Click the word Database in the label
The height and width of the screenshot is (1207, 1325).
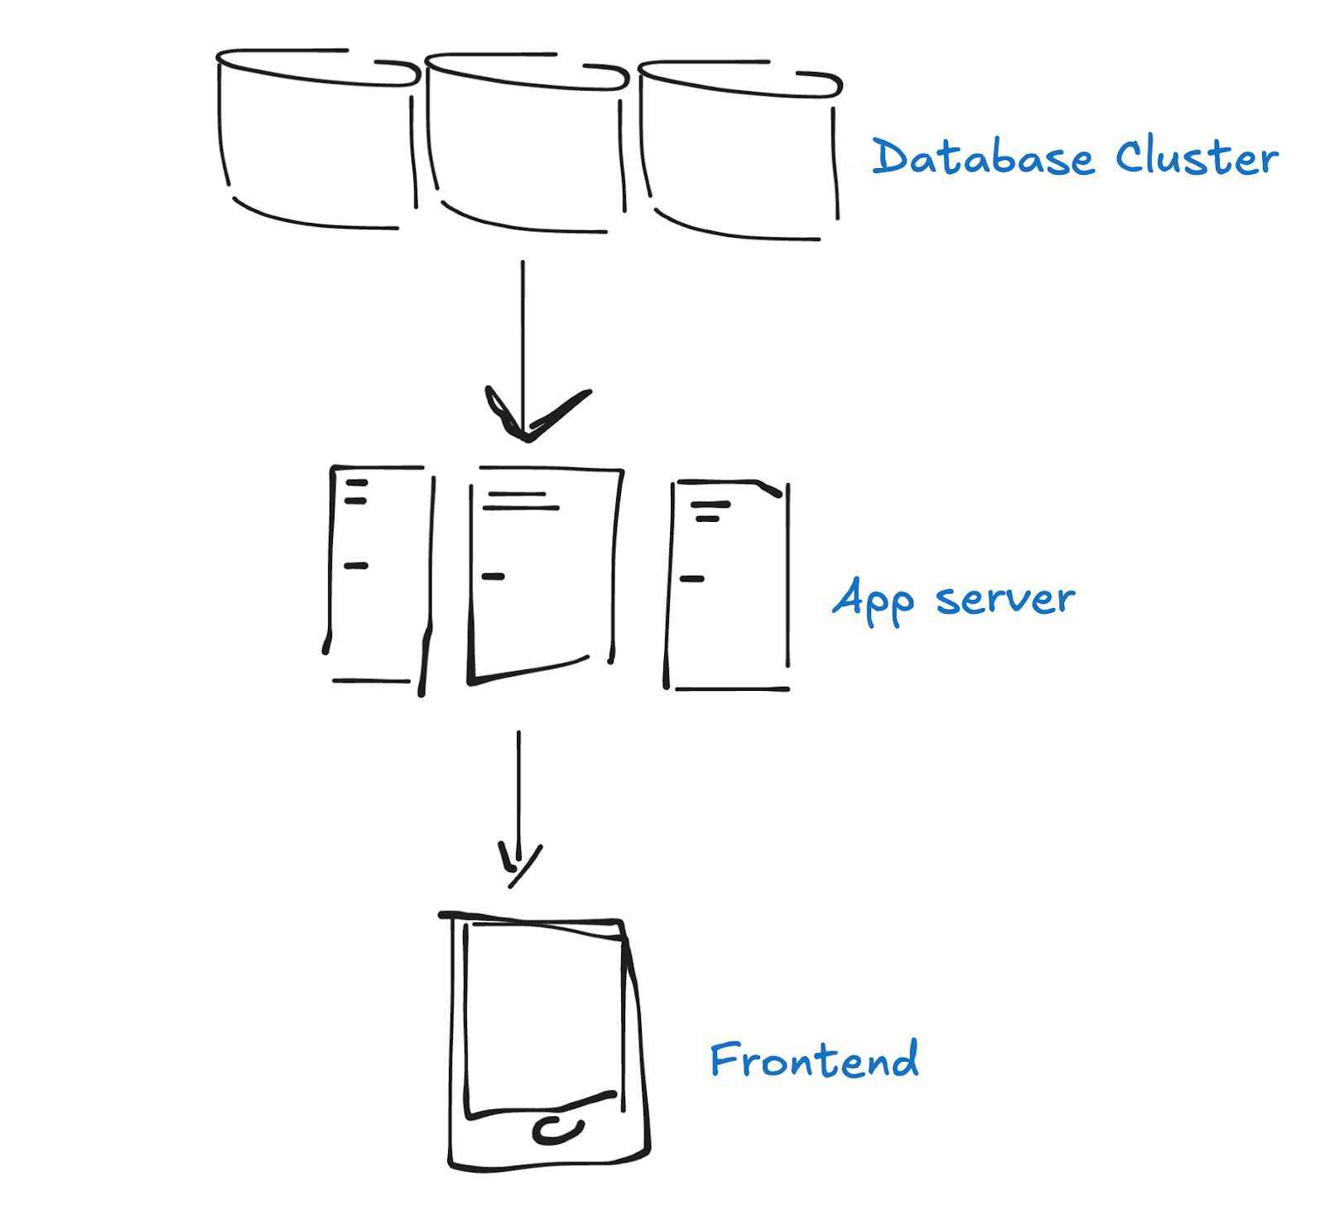click(x=983, y=157)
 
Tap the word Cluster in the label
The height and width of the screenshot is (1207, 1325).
click(x=1197, y=157)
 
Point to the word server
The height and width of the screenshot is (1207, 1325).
click(x=1005, y=598)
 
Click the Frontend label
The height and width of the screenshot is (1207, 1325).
click(x=814, y=1059)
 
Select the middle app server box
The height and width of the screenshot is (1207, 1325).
click(x=472, y=580)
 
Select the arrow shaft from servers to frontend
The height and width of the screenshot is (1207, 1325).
click(x=519, y=795)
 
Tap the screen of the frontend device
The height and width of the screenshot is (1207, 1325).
click(x=465, y=1019)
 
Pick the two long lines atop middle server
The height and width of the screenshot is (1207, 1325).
click(x=522, y=500)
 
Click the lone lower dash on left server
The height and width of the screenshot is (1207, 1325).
click(x=356, y=566)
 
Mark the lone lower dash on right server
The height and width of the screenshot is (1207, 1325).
click(x=691, y=579)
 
